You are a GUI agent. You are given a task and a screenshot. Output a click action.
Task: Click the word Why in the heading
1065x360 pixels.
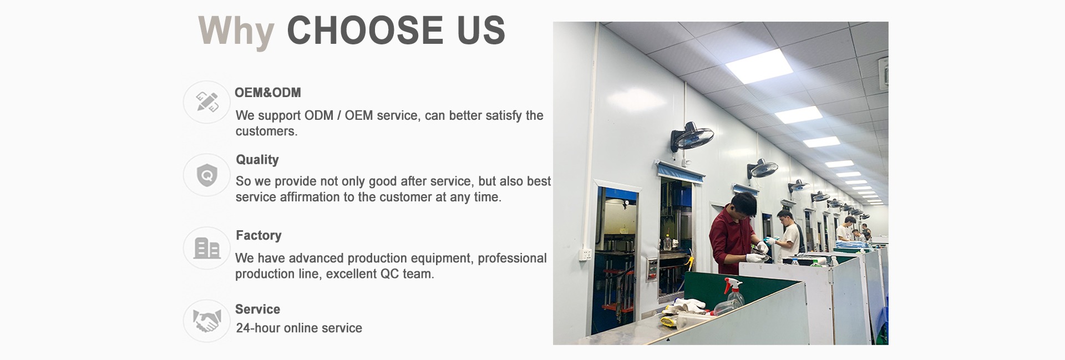coord(236,31)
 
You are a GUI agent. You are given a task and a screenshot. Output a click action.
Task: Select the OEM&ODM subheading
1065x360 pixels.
coord(268,93)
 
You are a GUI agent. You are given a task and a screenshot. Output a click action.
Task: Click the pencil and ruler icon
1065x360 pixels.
coord(207,102)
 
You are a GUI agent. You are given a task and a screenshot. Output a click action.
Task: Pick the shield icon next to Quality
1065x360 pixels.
coord(207,175)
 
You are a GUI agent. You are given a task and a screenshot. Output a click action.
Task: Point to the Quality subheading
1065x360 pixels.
coord(257,160)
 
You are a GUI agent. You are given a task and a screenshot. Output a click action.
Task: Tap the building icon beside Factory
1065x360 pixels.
coord(207,248)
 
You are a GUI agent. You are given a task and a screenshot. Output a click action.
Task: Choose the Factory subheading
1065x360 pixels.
coord(258,235)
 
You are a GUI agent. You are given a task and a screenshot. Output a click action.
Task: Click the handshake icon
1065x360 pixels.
coord(207,321)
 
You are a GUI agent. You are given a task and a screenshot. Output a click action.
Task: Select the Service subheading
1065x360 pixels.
coord(257,309)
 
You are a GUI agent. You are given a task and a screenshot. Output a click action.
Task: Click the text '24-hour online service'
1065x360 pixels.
coord(299,328)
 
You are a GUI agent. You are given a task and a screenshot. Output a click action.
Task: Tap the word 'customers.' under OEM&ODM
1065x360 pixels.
coord(266,131)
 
